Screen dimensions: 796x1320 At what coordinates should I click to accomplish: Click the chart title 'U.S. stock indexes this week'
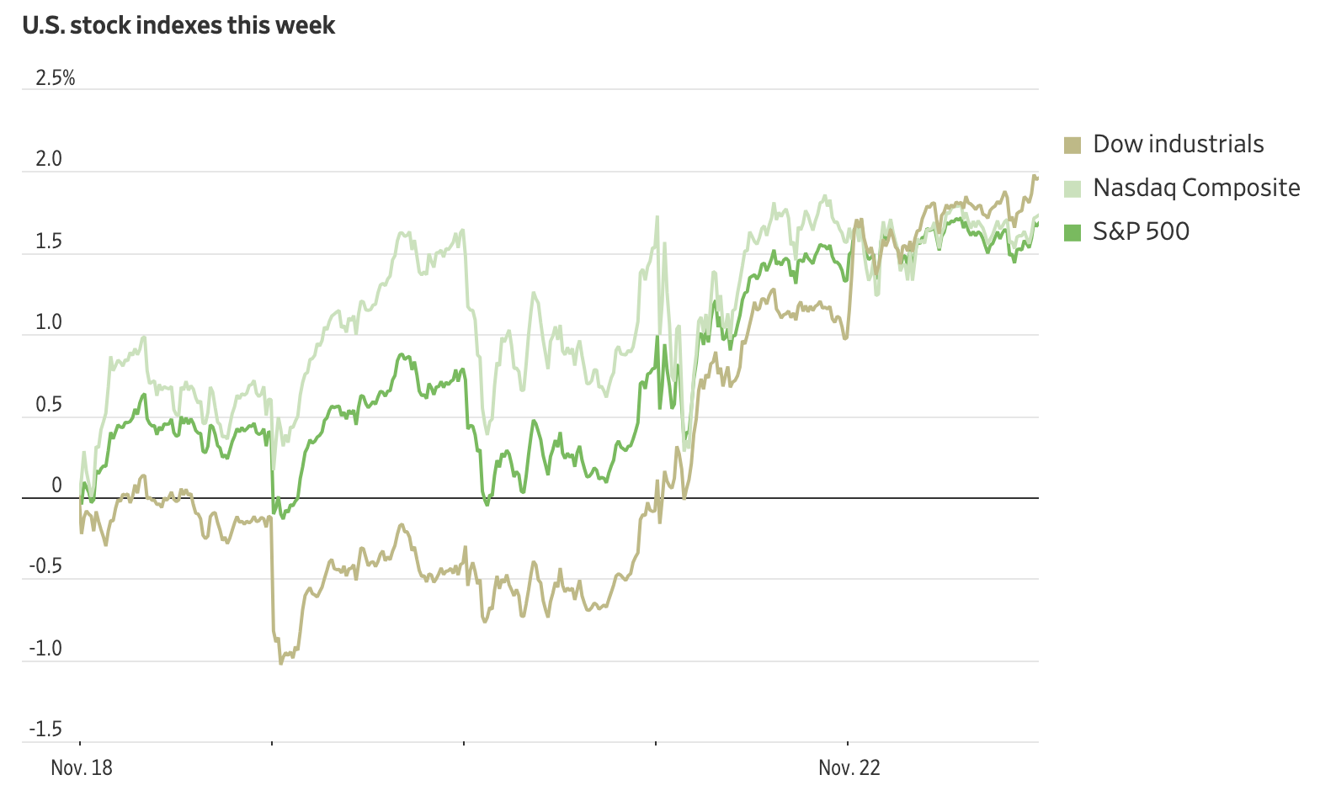(x=178, y=26)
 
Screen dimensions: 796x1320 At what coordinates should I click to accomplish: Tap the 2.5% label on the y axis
(x=55, y=78)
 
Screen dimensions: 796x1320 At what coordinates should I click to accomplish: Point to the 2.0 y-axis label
(x=49, y=159)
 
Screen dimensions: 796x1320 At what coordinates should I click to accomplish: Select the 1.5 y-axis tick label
(x=49, y=241)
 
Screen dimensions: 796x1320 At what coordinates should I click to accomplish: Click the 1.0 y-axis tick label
(x=49, y=322)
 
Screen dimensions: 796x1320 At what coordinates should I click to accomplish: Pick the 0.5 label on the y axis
(x=49, y=405)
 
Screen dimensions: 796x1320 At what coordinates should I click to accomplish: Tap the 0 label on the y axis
(x=56, y=485)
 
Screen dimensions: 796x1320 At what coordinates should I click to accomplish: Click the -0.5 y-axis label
(x=45, y=566)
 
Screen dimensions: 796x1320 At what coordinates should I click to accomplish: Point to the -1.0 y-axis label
(x=45, y=649)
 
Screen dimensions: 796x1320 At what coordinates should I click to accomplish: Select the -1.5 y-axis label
(x=45, y=730)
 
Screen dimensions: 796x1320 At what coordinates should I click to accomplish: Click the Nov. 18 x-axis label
(x=82, y=768)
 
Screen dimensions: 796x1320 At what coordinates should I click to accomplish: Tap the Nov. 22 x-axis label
(x=849, y=768)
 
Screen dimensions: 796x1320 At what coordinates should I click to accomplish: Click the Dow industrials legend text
(x=1178, y=144)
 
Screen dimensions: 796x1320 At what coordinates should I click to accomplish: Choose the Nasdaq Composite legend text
(x=1196, y=188)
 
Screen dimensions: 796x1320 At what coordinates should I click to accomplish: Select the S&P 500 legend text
(x=1141, y=231)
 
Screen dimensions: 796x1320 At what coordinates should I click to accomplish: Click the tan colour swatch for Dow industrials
(x=1072, y=145)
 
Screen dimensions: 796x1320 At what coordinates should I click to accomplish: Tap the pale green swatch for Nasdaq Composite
(x=1072, y=188)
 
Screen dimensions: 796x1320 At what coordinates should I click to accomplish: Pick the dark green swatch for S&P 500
(x=1072, y=232)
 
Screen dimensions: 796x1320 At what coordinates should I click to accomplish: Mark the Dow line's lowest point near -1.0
(x=281, y=663)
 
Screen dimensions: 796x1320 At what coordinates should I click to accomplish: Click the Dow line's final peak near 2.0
(x=1035, y=176)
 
